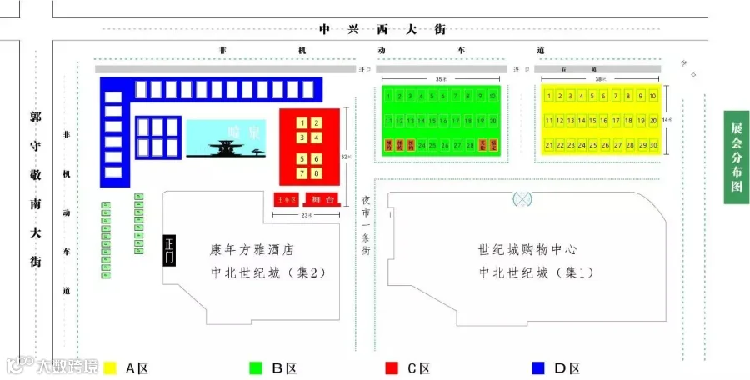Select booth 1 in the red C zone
point(302,123)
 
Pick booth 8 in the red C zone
point(317,173)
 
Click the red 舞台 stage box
point(322,199)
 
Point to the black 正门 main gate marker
point(170,250)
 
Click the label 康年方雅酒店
point(252,249)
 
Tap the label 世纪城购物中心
point(527,249)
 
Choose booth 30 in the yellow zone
point(652,145)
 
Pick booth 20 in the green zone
point(493,121)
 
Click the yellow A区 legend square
point(109,367)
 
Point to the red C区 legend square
point(390,367)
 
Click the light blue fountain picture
point(227,138)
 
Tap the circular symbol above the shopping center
point(522,198)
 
